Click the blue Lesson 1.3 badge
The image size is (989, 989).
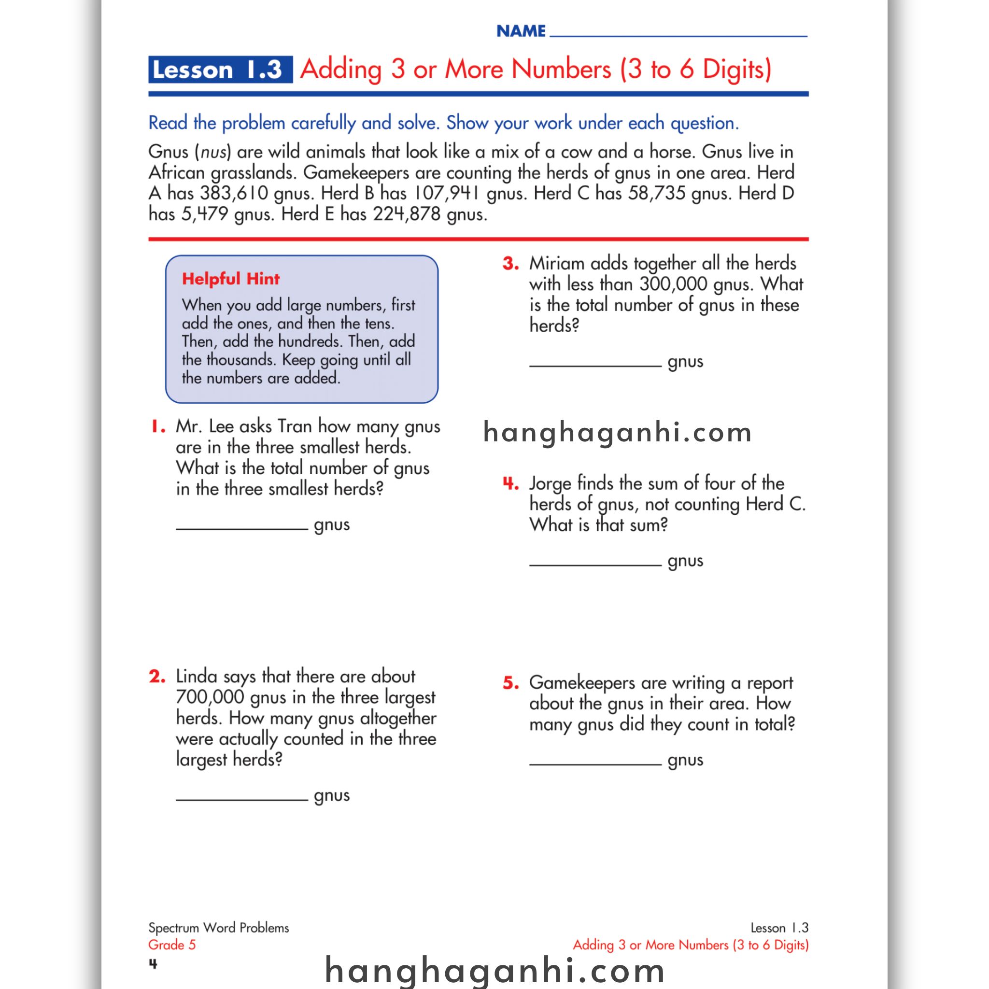[220, 70]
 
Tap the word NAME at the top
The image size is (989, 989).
[521, 31]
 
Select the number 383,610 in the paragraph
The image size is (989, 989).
[234, 194]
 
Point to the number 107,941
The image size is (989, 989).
[446, 194]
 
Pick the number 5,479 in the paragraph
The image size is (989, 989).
[205, 214]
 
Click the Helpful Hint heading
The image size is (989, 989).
[231, 279]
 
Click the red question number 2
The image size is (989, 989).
[157, 677]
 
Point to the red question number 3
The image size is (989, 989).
[510, 264]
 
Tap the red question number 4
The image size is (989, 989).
[510, 483]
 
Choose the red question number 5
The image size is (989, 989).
[510, 683]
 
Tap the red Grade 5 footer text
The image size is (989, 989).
[172, 945]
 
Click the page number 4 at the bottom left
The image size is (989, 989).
[153, 964]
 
